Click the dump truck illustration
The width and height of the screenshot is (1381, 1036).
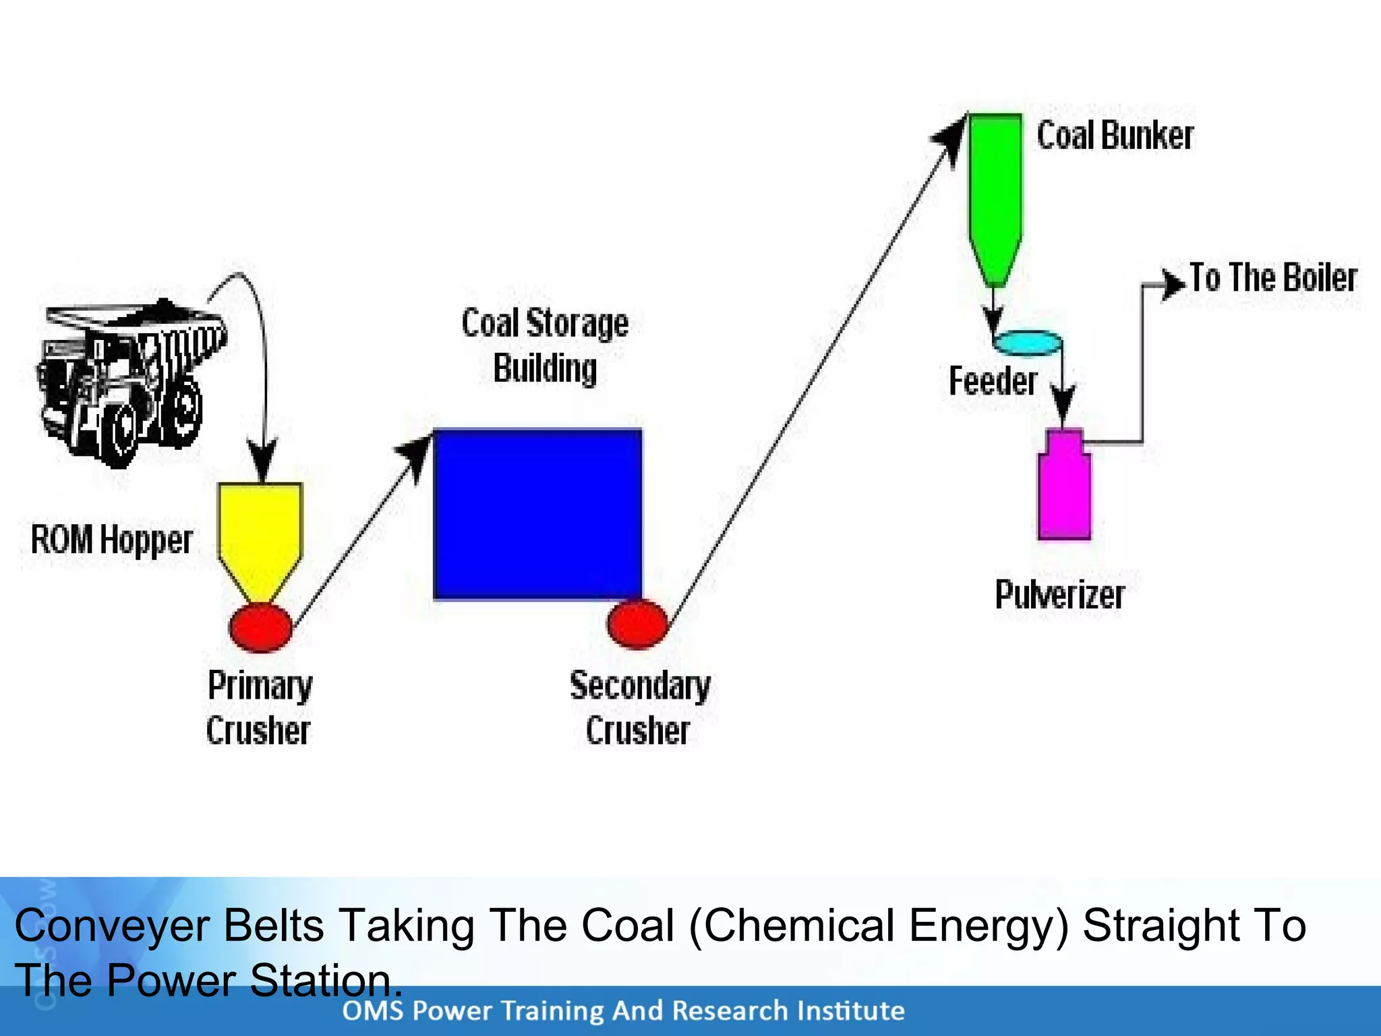coord(128,381)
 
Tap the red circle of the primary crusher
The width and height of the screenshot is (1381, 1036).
coord(260,627)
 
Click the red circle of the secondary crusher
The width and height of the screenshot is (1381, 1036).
coord(637,624)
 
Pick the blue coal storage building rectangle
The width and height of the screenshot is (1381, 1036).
coord(537,514)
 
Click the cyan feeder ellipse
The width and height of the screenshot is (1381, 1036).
coord(1027,343)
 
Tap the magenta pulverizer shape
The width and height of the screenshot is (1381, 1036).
coord(1064,489)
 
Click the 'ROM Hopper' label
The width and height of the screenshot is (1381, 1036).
coord(112,540)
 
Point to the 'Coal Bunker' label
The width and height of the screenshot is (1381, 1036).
coord(1115,136)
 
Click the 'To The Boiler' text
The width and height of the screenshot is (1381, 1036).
coord(1272,278)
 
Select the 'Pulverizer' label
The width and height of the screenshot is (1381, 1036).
coord(1059,595)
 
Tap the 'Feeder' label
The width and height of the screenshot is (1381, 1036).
coord(992,381)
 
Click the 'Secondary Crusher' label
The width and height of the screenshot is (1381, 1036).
coord(639,708)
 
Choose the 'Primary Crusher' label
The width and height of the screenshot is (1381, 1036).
coord(260,708)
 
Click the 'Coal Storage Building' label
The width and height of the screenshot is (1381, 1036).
coord(545,345)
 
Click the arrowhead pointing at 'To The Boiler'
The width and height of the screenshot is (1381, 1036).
coord(1173,284)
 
